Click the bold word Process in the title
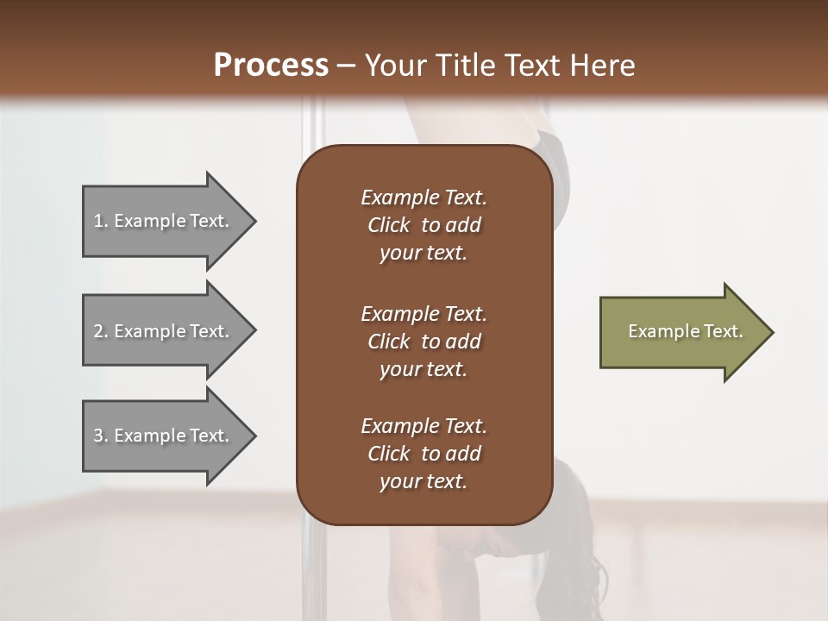coord(271,66)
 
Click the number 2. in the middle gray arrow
coord(101,331)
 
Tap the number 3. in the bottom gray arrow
coord(101,436)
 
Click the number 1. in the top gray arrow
coord(101,221)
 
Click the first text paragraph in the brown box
coord(423,225)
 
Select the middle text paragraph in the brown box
coord(423,342)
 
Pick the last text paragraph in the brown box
coord(423,454)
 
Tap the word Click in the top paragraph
coord(388,225)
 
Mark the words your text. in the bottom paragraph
coord(423,482)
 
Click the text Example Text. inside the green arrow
coord(685,331)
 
